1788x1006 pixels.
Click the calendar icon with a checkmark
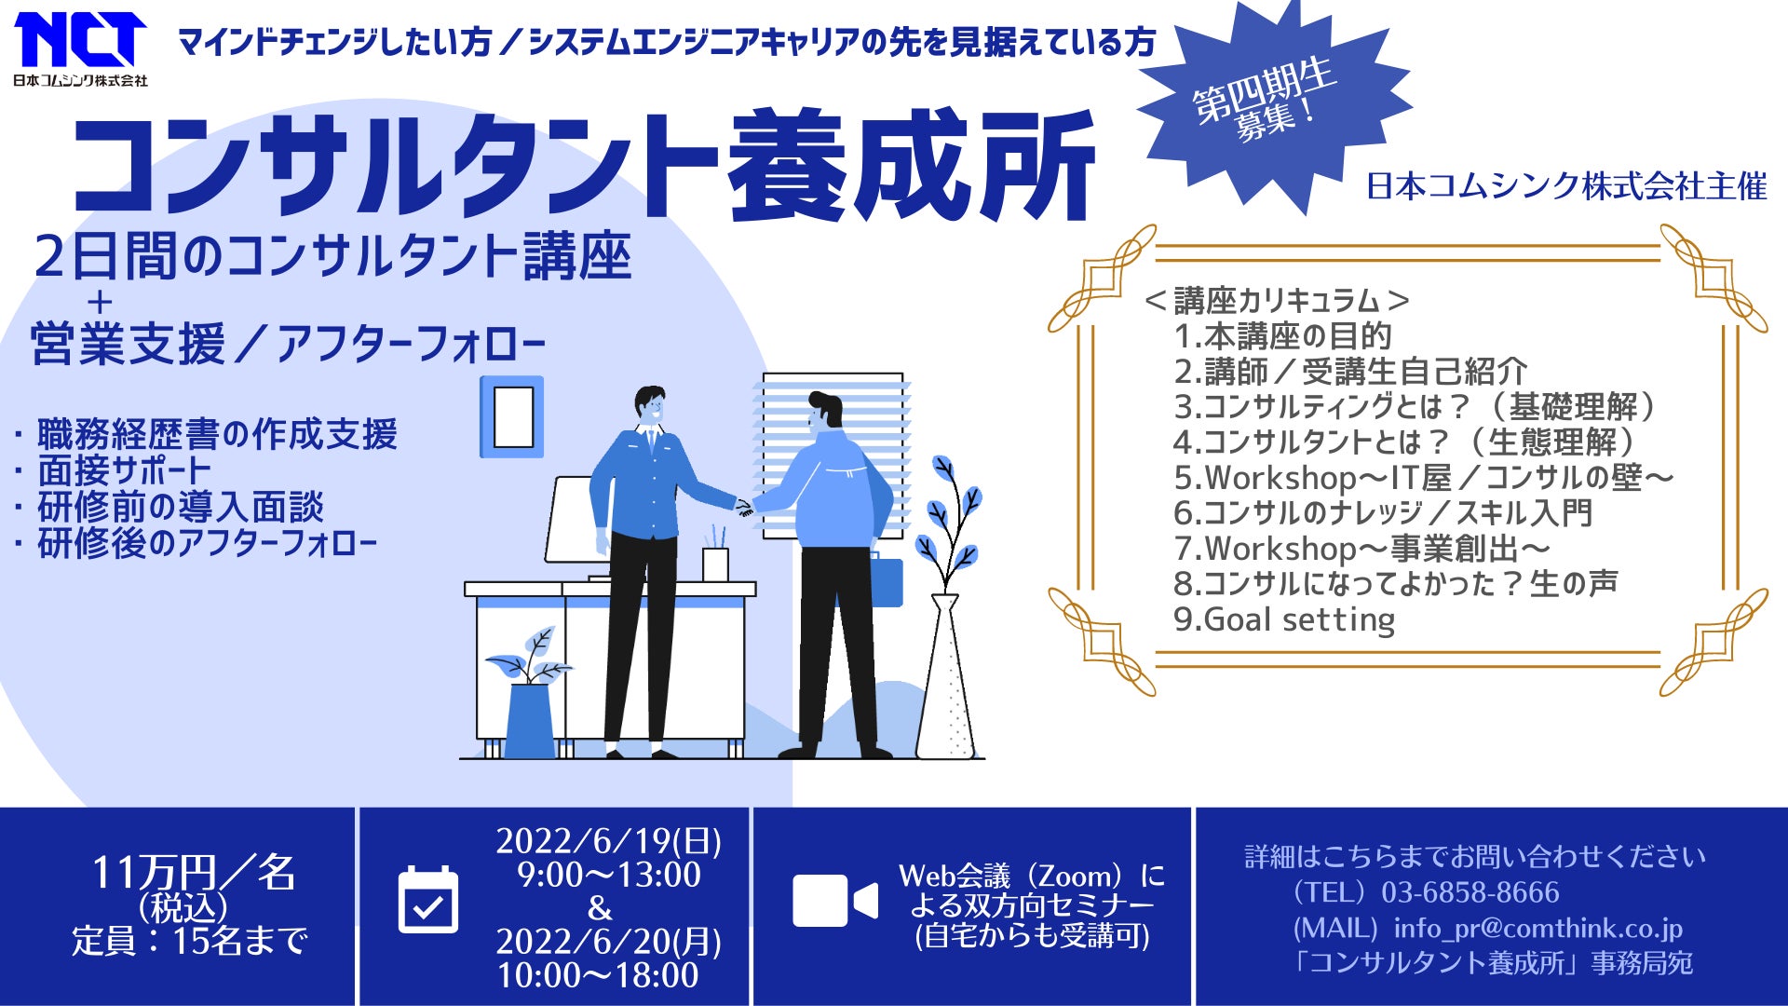point(428,899)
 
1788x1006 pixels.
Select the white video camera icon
point(835,901)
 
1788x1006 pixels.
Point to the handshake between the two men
point(744,508)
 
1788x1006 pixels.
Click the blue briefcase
point(887,580)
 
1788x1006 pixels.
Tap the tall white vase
point(946,675)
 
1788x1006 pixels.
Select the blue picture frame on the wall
point(511,416)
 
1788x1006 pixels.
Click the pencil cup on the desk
point(715,564)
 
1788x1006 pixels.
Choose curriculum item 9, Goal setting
point(1284,619)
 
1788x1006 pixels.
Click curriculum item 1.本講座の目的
point(1282,335)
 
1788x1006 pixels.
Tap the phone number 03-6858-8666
point(1470,892)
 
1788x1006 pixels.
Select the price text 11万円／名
point(193,873)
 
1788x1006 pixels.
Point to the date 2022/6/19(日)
point(608,841)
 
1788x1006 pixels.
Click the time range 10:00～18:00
point(598,975)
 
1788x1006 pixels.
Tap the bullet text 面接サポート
point(125,471)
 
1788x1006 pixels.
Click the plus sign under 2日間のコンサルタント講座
point(100,302)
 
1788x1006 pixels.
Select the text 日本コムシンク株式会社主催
point(1566,186)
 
